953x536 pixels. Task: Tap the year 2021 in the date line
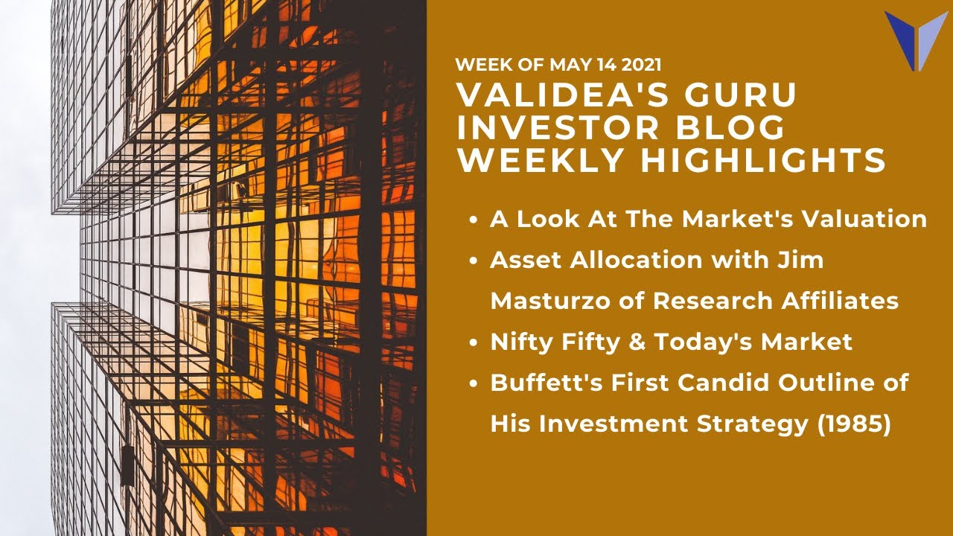click(638, 65)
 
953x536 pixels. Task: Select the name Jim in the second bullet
click(803, 261)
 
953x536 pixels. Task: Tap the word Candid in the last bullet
click(718, 383)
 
